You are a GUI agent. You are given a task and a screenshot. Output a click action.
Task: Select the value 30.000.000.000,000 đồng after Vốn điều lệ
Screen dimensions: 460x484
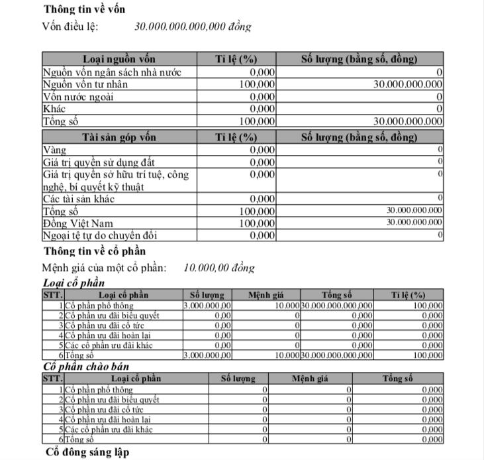(193, 27)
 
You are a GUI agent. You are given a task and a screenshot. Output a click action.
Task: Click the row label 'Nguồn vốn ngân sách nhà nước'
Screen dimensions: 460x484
(111, 72)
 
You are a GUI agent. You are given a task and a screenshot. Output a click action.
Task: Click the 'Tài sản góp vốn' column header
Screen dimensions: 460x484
(120, 137)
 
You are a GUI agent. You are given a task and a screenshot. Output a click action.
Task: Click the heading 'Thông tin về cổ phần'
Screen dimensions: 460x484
(95, 251)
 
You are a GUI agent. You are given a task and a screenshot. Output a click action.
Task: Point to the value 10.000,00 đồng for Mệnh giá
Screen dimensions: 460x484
(218, 268)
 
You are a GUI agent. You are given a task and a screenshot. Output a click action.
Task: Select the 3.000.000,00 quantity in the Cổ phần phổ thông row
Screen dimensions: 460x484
(208, 306)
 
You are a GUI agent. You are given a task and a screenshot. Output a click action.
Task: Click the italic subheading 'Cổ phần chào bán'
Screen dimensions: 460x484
(85, 367)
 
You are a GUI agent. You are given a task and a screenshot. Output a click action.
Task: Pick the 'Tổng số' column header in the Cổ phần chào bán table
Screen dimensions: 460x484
(397, 378)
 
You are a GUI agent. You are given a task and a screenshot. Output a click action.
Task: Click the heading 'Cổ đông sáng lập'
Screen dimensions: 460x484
(87, 452)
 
